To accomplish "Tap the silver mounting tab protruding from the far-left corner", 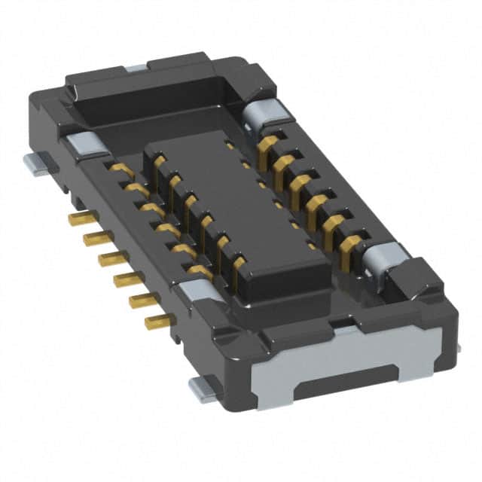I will (x=38, y=163).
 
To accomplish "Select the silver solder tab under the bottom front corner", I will (x=202, y=388).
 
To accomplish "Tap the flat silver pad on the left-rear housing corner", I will (x=81, y=143).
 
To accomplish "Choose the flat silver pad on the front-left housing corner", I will (x=197, y=289).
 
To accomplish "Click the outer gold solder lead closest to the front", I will (x=159, y=322).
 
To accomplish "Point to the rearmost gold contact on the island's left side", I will (x=159, y=161).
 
